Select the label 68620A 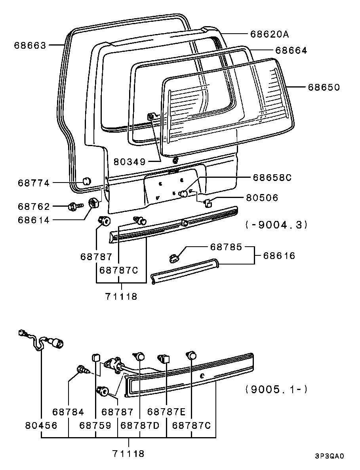coord(269,34)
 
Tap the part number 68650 coord(324,87)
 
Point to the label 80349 coord(130,162)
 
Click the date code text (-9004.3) coord(276,225)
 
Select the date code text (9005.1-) coord(276,389)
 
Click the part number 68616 coord(280,256)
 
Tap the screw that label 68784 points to coord(83,370)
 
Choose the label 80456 coord(41,425)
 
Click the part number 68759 coord(95,425)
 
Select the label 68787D coord(140,425)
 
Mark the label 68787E coord(166,412)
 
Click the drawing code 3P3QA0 coord(330,456)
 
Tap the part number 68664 coord(291,50)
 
